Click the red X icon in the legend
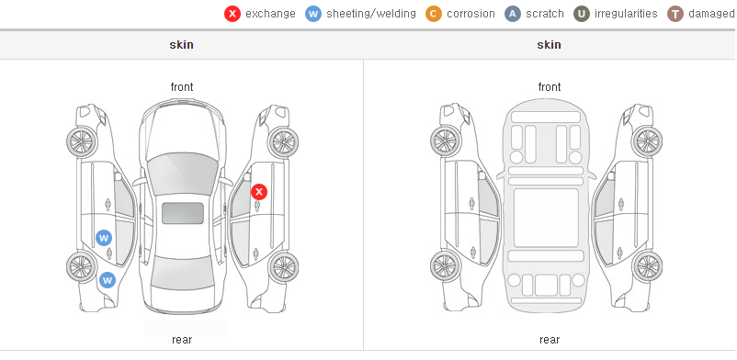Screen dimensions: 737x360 click(232, 14)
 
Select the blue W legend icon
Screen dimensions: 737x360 click(313, 14)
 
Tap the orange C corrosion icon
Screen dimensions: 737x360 click(434, 14)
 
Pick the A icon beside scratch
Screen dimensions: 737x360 click(513, 14)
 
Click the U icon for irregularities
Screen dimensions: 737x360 click(582, 14)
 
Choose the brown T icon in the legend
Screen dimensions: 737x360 click(675, 14)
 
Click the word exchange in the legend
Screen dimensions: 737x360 click(270, 14)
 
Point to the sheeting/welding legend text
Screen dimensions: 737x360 click(371, 14)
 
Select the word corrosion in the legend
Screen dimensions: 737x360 click(471, 14)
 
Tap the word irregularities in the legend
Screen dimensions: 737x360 click(626, 14)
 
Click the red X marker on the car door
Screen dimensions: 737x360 click(259, 192)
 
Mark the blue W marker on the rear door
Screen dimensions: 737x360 click(104, 238)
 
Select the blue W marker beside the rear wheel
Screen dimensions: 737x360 click(108, 281)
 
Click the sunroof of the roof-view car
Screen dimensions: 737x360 click(183, 213)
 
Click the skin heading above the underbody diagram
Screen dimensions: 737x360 click(549, 45)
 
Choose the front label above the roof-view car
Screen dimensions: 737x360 click(182, 87)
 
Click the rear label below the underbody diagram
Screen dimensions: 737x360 click(550, 340)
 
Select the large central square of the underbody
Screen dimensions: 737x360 click(546, 218)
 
